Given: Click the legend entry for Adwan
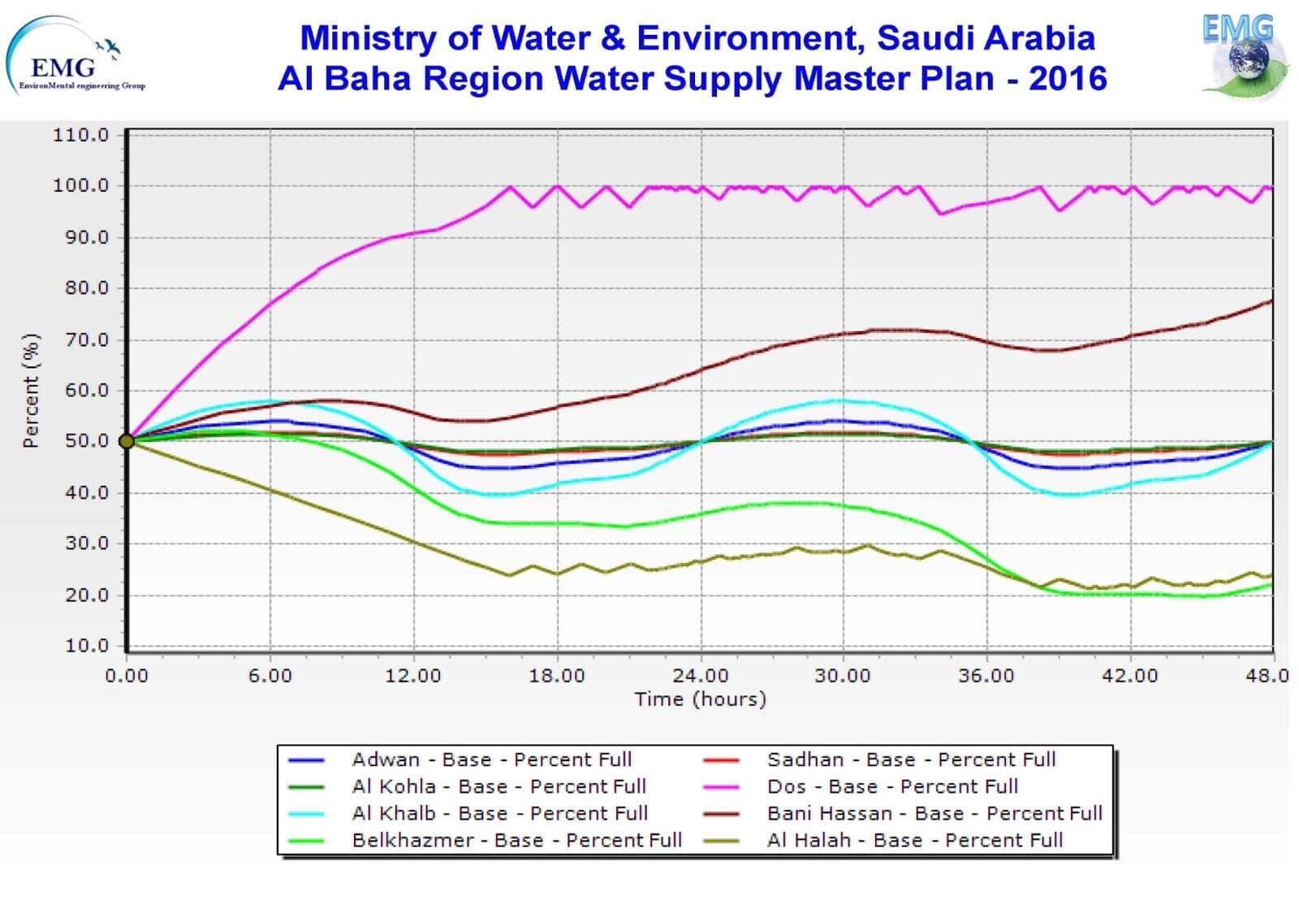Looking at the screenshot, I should tap(491, 760).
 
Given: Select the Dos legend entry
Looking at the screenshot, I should tap(892, 787).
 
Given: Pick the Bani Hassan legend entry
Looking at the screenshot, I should tap(934, 814).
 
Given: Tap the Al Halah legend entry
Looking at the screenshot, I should tap(915, 841).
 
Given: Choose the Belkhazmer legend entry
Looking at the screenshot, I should tap(516, 841).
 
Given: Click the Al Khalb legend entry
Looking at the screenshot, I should tap(499, 814).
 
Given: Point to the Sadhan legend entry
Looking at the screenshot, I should tap(911, 760).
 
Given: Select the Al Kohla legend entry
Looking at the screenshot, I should tap(498, 787).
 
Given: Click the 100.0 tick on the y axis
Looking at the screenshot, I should tap(80, 186).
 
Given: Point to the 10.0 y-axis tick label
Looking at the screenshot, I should tap(86, 647).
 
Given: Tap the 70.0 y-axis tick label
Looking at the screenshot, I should tap(86, 340).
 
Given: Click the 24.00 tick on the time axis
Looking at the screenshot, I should tap(701, 676).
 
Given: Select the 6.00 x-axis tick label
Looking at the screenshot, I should tap(270, 676).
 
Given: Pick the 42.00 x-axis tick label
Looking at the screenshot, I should tap(1129, 676).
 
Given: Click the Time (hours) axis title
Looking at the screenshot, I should tap(700, 699).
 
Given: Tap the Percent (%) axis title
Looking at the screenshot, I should tap(31, 390).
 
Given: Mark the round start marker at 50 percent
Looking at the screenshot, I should tap(127, 441).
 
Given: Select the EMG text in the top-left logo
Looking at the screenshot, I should tap(63, 67).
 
